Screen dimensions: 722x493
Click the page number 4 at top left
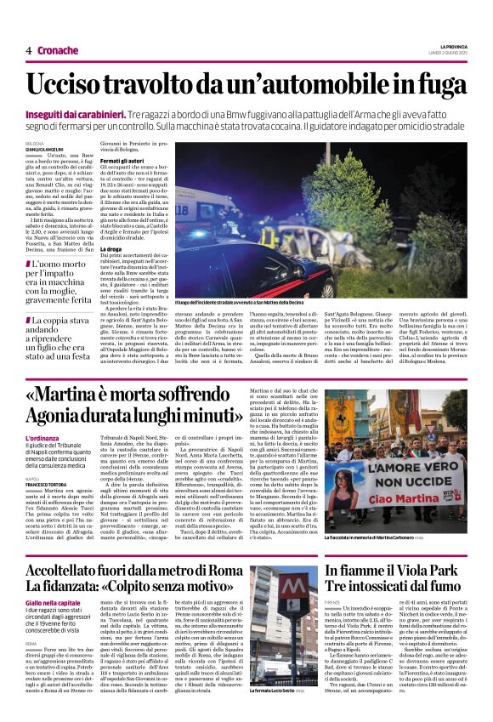(x=29, y=50)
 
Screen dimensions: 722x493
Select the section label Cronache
(x=58, y=50)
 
